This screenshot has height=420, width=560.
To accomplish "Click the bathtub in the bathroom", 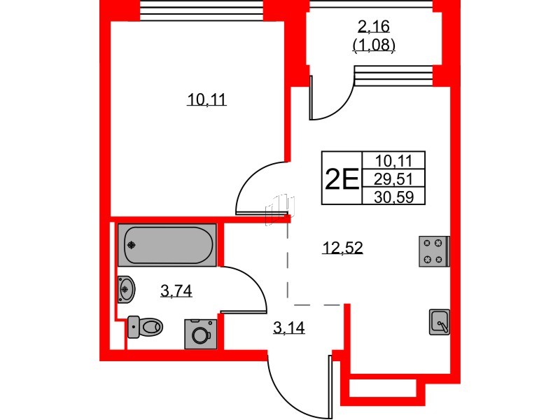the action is coord(167,245).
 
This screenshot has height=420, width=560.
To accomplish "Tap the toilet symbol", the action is coord(145,326).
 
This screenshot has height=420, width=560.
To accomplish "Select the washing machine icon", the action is coord(201,334).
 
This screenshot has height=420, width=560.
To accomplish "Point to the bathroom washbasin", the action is coord(127,289).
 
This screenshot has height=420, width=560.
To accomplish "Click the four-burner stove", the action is coord(434,251).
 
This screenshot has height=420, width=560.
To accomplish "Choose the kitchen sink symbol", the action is coord(440,322).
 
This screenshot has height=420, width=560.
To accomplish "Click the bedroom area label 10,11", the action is coord(206,99).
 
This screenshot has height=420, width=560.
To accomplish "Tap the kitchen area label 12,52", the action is coord(342,247).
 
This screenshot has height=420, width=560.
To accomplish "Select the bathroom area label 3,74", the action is coord(176,291).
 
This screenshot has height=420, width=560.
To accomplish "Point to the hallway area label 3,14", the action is coord(289,328).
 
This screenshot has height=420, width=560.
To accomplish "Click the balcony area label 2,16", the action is coord(374,27).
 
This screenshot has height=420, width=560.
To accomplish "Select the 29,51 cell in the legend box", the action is coord(393,178).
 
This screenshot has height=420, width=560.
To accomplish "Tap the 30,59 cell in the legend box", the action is coord(393,196).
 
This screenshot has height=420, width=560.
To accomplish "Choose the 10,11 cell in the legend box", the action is coord(393,161).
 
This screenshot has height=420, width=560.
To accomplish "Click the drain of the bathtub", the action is coord(132,245).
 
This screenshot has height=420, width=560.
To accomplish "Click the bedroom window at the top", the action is coord(202,10).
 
